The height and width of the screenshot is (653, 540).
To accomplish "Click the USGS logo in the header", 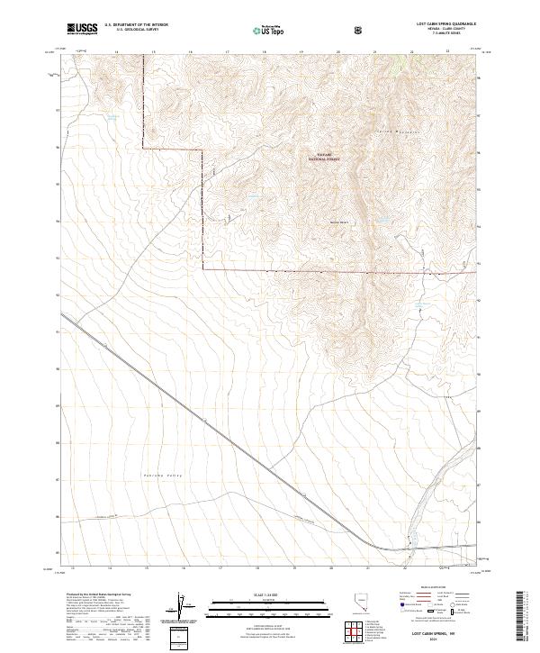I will click(82, 29).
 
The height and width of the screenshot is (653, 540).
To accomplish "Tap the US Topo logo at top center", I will click(269, 29).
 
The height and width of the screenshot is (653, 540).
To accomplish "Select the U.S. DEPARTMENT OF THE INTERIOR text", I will click(136, 24).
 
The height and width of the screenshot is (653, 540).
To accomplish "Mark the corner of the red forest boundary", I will click(202, 268).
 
